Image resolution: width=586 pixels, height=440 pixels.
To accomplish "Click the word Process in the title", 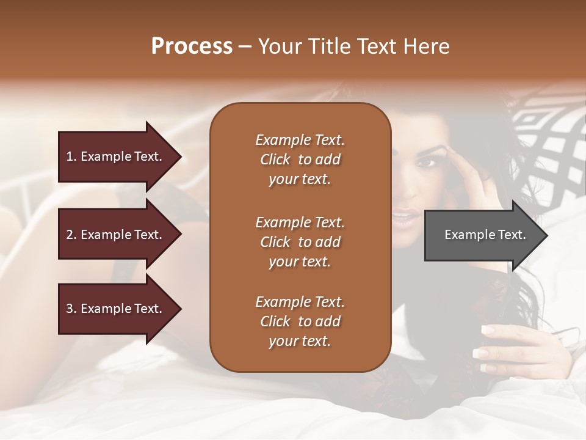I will point(192,46).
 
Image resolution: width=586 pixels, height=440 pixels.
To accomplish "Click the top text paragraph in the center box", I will point(300,159).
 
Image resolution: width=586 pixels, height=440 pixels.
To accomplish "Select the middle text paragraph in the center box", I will point(300,242).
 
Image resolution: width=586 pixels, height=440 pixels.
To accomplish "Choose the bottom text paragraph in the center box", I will point(300,321).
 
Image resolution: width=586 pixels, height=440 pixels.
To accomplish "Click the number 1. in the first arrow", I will point(71,156).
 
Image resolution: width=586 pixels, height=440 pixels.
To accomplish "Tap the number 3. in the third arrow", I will point(71,309).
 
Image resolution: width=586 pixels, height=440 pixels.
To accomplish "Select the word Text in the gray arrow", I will point(513,235).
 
